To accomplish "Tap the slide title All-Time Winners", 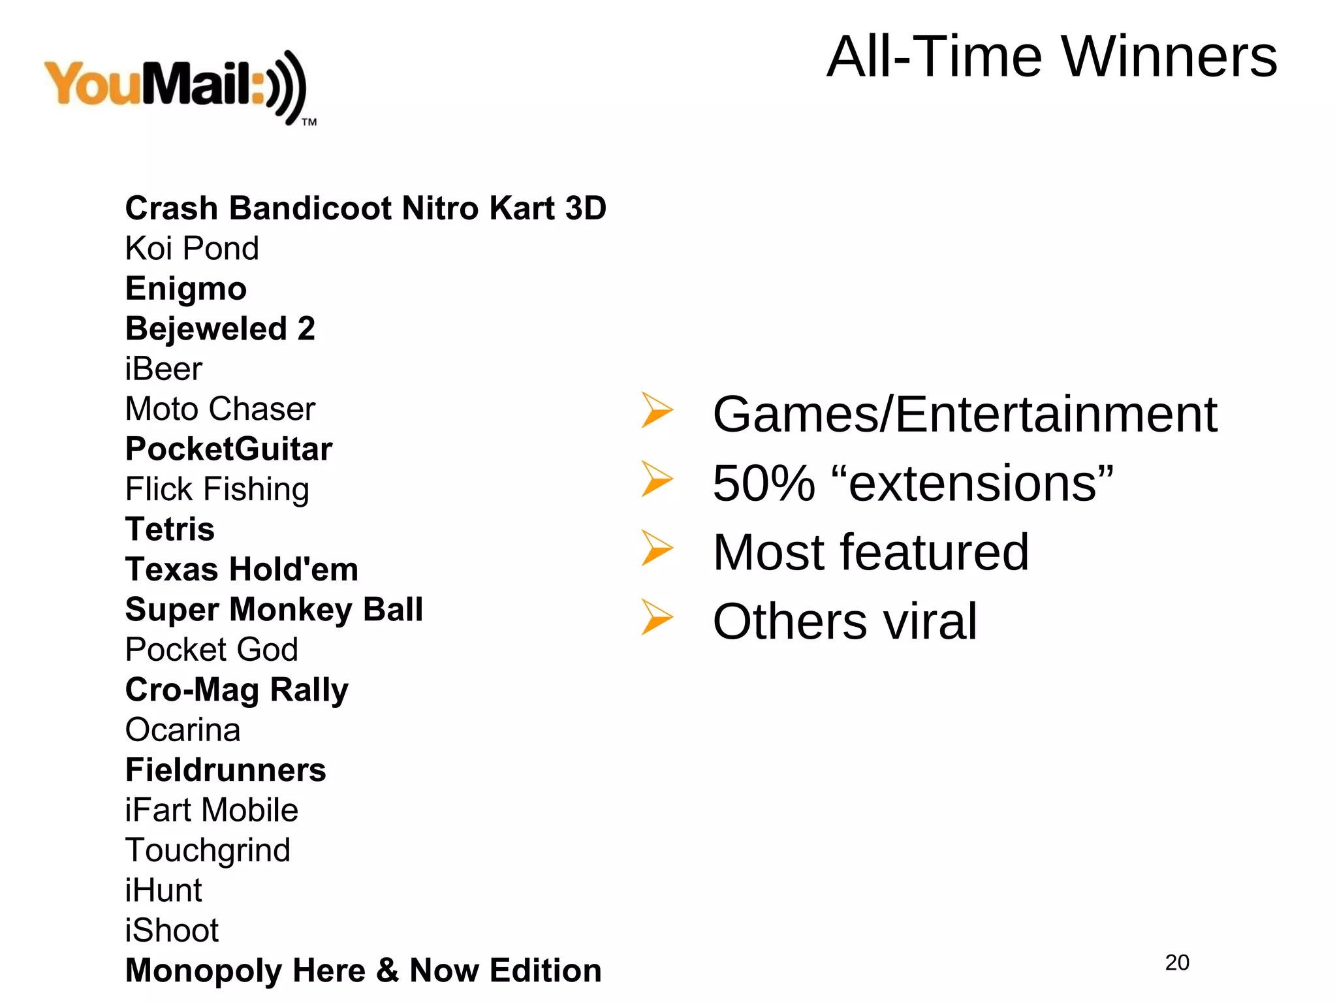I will tap(1051, 57).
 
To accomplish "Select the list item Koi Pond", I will tap(192, 249).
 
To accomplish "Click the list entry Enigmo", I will tap(186, 289).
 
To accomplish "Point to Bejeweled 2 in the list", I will tap(220, 328).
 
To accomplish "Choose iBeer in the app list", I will tap(163, 369).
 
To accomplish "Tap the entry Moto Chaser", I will tap(220, 409).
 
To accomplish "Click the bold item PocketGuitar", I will tap(228, 449).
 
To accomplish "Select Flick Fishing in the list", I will tap(217, 489).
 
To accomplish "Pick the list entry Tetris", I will tap(170, 530).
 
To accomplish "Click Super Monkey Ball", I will tap(274, 609).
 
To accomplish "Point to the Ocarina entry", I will tap(183, 730).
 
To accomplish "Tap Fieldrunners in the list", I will tap(225, 770).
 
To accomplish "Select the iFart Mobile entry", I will tap(212, 810).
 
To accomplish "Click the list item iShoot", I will tap(172, 931).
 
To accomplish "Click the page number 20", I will tap(1177, 963).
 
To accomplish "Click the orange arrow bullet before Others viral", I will tap(656, 616).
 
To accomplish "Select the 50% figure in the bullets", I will tap(764, 484).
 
